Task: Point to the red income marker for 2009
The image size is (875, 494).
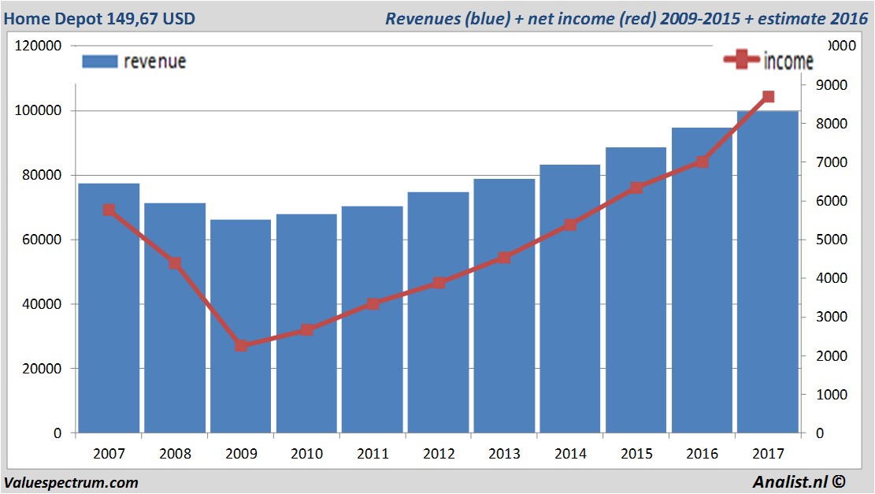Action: point(241,345)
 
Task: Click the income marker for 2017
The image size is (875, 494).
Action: point(768,97)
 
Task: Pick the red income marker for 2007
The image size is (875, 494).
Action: point(109,210)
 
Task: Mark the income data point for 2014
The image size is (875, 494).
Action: point(571,225)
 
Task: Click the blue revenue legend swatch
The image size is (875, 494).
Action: point(99,61)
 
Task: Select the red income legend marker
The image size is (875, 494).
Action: point(740,61)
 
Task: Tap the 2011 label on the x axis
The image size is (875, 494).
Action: point(373,454)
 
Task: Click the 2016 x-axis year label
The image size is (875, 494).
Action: point(702,454)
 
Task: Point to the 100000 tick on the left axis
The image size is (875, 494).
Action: point(39,111)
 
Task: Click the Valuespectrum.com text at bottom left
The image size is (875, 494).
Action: point(71,483)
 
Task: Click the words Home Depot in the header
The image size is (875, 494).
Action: point(46,18)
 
